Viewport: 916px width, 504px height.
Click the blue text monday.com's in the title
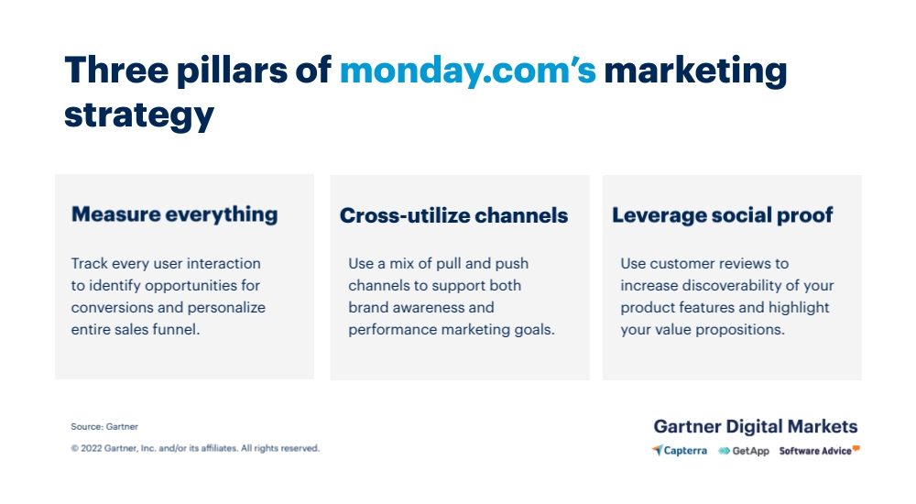point(468,71)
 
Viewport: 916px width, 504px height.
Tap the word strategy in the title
point(139,115)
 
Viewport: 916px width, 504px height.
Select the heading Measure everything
point(174,214)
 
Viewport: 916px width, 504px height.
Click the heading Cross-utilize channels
point(454,215)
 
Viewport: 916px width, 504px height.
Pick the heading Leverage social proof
point(723,215)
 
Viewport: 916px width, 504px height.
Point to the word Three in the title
point(117,71)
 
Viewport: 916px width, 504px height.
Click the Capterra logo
point(680,450)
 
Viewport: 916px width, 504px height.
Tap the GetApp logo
point(744,451)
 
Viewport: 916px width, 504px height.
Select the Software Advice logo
point(820,450)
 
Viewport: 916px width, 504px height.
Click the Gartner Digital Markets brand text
point(756,426)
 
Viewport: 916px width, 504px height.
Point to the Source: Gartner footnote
point(104,427)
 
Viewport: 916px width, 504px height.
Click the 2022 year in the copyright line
point(91,448)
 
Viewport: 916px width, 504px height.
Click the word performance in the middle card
point(393,330)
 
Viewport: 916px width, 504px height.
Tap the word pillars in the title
point(232,71)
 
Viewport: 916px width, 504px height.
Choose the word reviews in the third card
point(737,264)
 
